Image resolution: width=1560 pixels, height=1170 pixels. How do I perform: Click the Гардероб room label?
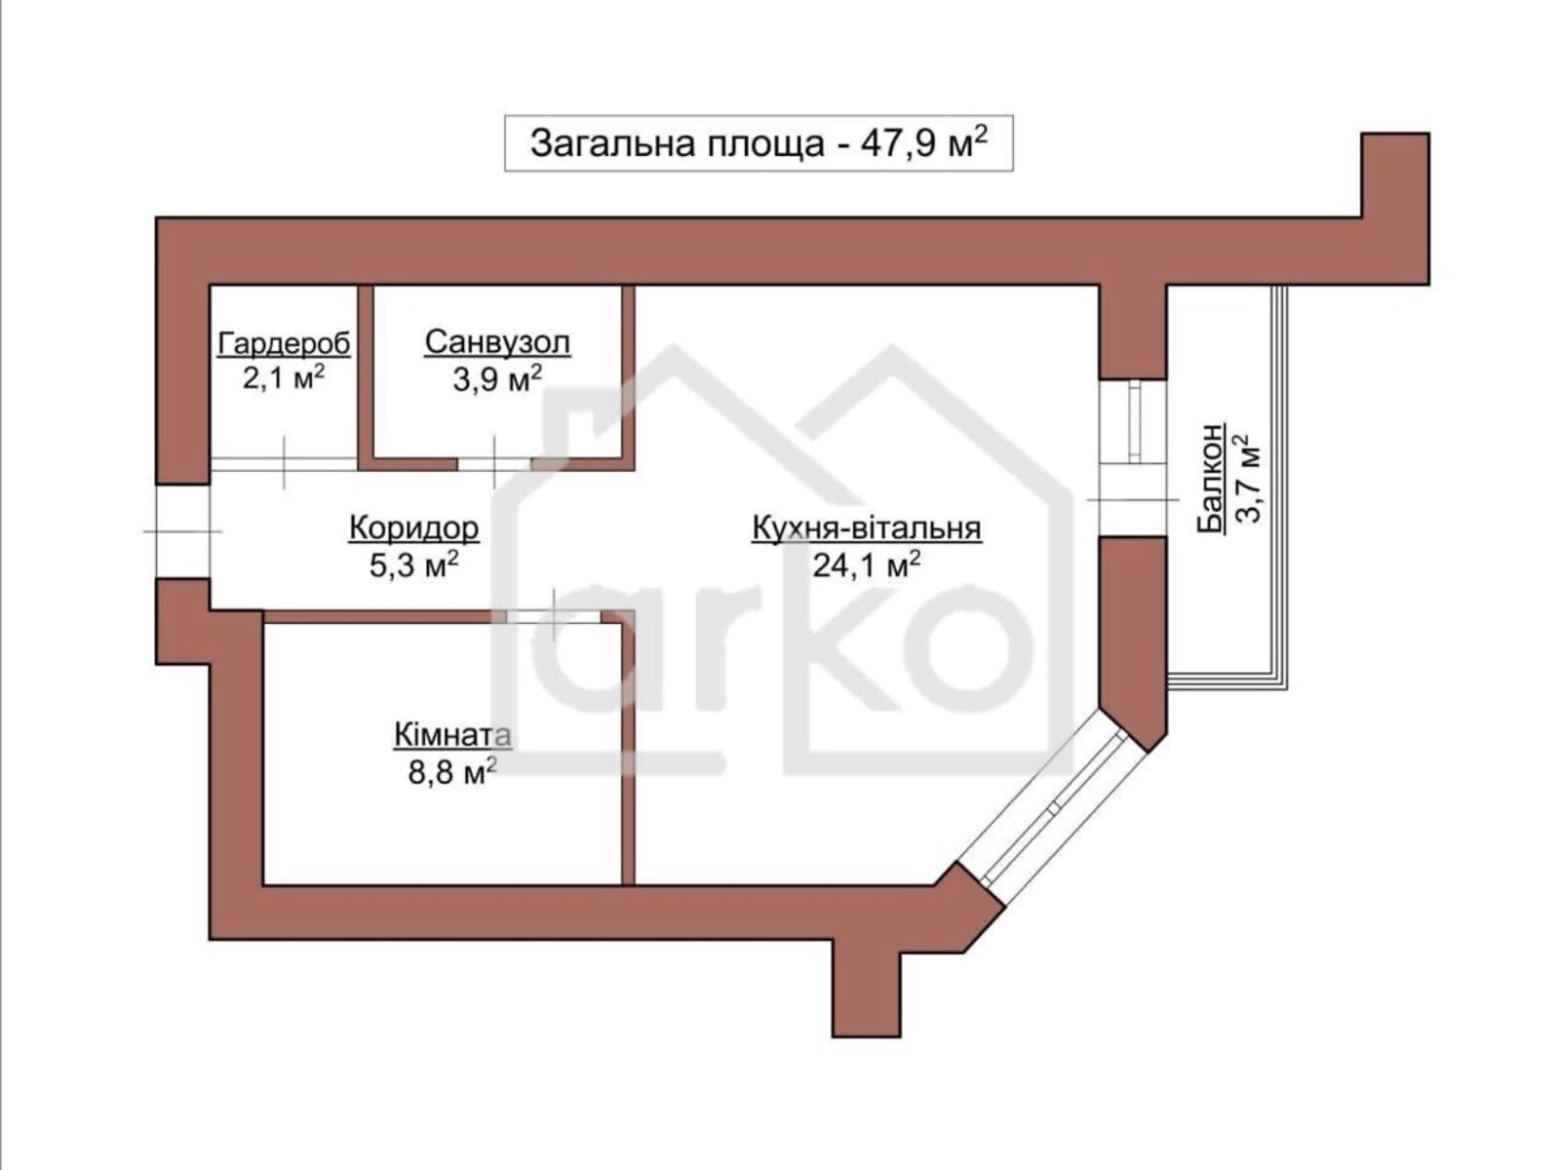[x=285, y=344]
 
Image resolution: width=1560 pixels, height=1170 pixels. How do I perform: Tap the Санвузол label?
[x=497, y=342]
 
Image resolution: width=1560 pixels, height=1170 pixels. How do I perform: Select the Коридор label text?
[x=413, y=528]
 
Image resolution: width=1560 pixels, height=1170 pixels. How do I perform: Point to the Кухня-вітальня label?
[x=867, y=528]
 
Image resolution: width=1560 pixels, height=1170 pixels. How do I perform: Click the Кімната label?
[x=452, y=736]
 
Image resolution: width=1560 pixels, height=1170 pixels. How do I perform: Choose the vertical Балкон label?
[x=1211, y=477]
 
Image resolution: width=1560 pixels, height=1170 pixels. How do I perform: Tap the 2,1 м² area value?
[x=284, y=377]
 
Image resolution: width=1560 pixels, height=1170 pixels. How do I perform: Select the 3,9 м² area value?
[x=497, y=379]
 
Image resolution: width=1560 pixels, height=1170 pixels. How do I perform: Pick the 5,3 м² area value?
[x=413, y=565]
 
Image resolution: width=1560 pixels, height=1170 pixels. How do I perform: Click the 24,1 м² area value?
[x=867, y=565]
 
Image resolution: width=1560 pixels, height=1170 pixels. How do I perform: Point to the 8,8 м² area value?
[x=452, y=772]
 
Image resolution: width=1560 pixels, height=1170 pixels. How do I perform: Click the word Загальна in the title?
[x=613, y=144]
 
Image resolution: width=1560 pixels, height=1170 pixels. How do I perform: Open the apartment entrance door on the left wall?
[x=182, y=531]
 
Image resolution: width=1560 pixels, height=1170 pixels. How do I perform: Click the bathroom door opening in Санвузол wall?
[x=494, y=464]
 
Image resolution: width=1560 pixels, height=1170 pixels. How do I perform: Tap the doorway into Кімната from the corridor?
[x=554, y=616]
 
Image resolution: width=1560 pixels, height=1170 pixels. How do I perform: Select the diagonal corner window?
[x=1052, y=807]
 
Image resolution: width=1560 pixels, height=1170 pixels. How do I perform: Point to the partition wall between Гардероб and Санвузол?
[x=366, y=377]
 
